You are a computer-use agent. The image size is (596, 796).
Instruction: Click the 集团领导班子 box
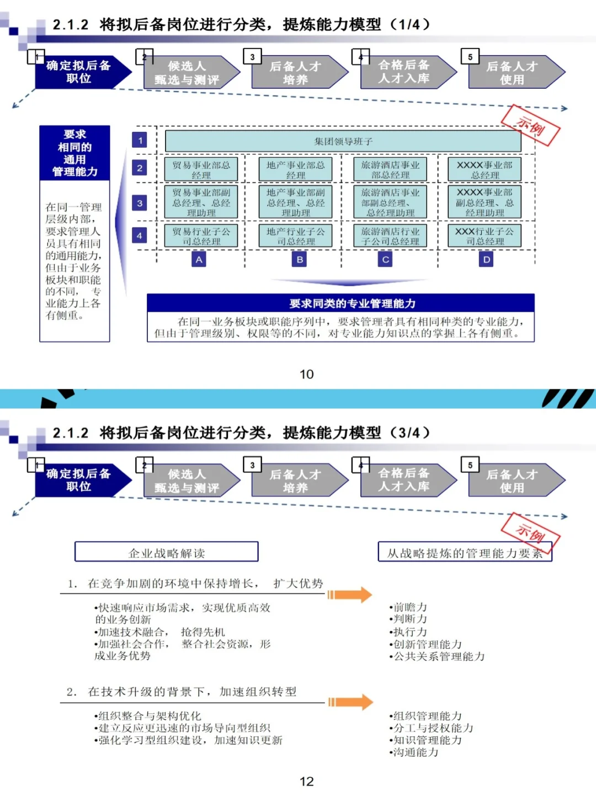click(x=343, y=141)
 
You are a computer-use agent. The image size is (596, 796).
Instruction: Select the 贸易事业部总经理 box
click(x=201, y=169)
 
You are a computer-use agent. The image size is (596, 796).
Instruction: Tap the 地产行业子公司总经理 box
click(x=296, y=236)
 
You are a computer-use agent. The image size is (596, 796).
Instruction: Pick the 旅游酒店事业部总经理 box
click(x=390, y=169)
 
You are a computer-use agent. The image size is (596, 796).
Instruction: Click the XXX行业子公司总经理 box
click(x=485, y=236)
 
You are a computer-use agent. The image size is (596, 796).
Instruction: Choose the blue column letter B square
click(x=300, y=259)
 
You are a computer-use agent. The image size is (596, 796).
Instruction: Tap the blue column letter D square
click(x=486, y=259)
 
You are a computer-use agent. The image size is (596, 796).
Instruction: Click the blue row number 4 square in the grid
click(x=140, y=236)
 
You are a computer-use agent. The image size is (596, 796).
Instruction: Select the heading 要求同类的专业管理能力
click(x=340, y=303)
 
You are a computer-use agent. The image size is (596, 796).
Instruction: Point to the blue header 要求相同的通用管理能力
click(x=74, y=153)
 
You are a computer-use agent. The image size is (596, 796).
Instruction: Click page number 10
click(x=306, y=375)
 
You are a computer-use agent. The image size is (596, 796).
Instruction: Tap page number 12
click(x=306, y=782)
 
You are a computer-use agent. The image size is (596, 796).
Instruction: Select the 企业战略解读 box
click(x=166, y=553)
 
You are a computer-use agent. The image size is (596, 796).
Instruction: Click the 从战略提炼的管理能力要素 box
click(x=465, y=553)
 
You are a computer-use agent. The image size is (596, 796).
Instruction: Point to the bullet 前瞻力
click(x=408, y=607)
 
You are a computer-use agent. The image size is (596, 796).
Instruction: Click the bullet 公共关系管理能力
click(x=437, y=656)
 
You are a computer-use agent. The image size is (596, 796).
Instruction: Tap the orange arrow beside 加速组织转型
click(x=350, y=702)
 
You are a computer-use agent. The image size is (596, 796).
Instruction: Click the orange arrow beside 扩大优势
click(x=350, y=595)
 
